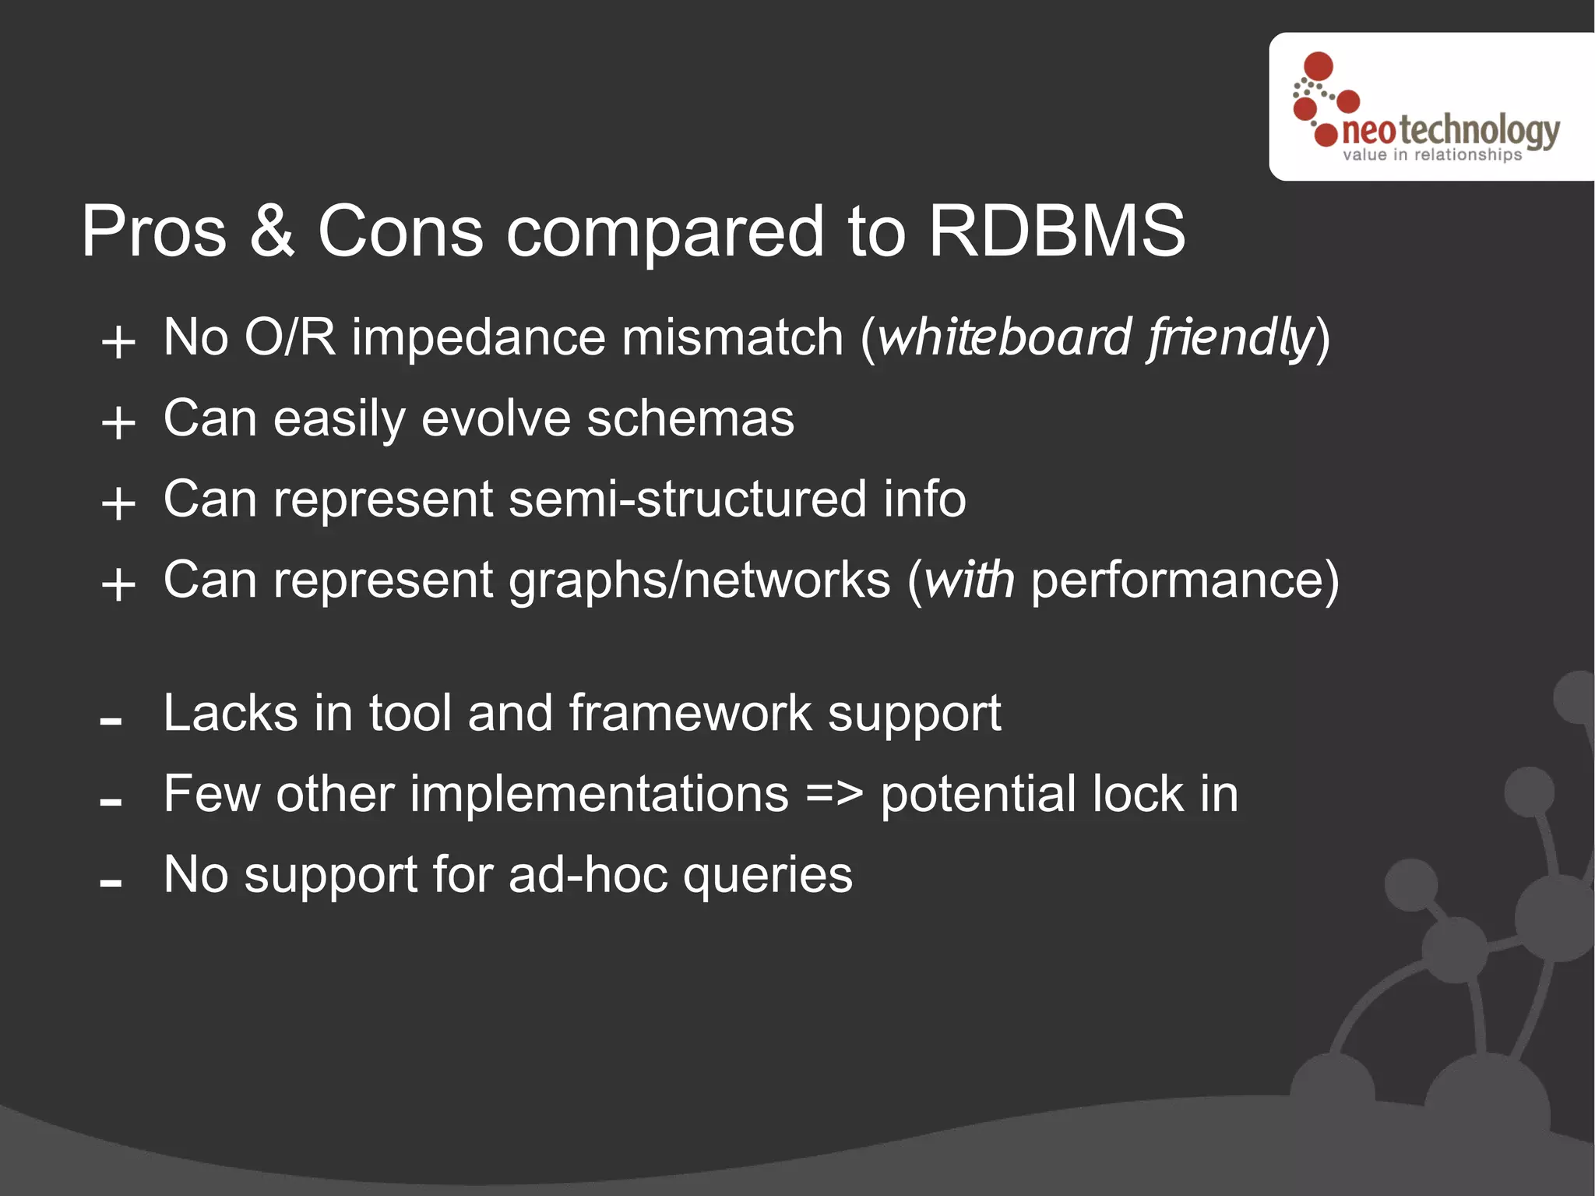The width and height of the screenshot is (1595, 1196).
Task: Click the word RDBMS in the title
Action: click(1056, 231)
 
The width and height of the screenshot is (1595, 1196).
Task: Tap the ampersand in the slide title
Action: click(273, 231)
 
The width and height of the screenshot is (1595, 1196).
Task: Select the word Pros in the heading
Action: click(153, 231)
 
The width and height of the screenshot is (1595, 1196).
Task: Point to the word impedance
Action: click(478, 338)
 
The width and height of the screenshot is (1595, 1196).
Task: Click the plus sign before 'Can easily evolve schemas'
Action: click(118, 424)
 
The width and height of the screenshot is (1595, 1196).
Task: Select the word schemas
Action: click(690, 419)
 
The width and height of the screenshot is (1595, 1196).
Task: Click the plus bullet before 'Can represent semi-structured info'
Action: click(118, 504)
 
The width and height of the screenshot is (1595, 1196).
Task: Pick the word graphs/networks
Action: click(699, 582)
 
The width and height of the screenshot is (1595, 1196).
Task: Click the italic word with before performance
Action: click(969, 580)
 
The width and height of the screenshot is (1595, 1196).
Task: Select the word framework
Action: click(690, 714)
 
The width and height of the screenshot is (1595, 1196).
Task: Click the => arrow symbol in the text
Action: click(834, 795)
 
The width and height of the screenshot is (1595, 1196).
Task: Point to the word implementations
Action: click(599, 794)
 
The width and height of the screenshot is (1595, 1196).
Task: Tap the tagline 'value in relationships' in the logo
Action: click(1431, 155)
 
